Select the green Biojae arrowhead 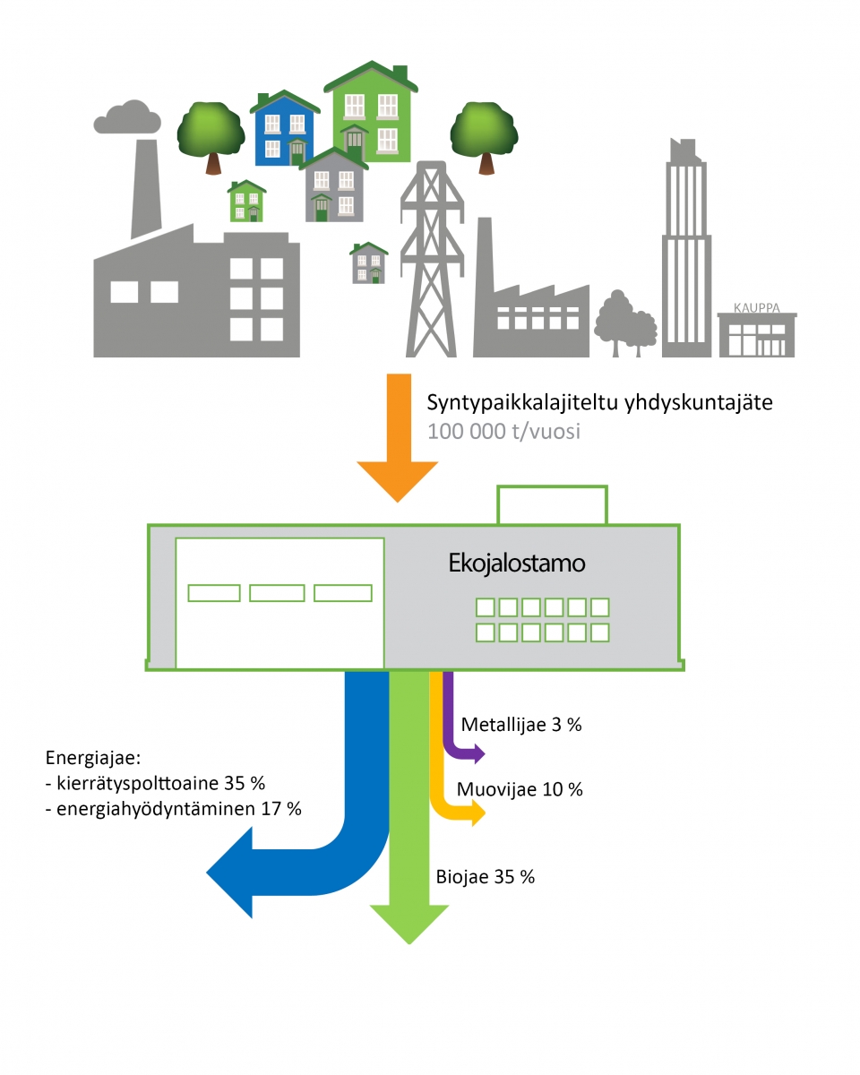[x=409, y=923]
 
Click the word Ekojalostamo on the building [x=516, y=563]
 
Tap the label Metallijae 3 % [x=520, y=725]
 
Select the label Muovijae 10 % [x=520, y=789]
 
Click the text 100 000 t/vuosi [x=504, y=431]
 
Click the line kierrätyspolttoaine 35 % [x=154, y=783]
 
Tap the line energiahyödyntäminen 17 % [x=172, y=808]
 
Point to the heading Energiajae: [x=92, y=758]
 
